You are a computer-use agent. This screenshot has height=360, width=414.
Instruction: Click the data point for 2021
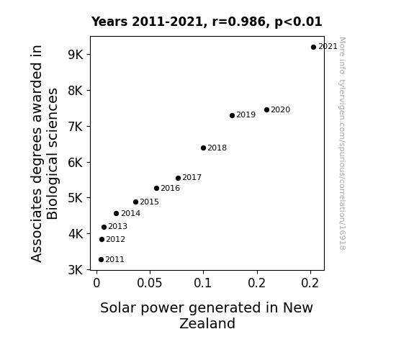point(313,48)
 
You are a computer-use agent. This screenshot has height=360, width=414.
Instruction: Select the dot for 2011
point(101,260)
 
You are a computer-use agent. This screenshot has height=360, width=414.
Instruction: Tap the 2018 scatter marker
point(203,148)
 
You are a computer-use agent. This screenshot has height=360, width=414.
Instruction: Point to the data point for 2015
point(135,202)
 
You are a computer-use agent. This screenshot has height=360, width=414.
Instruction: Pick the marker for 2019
point(232,115)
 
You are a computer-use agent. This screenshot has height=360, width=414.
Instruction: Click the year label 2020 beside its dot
point(280,109)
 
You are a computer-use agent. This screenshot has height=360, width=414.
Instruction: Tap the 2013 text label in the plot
point(118,226)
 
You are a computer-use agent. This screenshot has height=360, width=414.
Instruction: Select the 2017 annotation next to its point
point(192,177)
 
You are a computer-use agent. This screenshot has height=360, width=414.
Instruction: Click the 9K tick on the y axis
point(76,55)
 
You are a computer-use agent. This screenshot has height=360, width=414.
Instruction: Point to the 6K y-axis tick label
point(76,163)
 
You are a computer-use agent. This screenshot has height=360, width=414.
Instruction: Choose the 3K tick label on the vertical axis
point(76,270)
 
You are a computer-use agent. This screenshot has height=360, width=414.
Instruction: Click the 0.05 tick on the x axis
point(150,283)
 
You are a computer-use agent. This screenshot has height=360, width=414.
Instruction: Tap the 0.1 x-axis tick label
point(203,283)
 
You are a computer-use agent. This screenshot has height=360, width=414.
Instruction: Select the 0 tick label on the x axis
point(96,283)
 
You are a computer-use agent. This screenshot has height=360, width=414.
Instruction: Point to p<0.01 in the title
point(298,22)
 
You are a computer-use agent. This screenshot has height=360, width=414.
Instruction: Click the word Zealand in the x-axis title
point(207,323)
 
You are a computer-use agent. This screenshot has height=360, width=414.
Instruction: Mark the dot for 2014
point(116,213)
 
